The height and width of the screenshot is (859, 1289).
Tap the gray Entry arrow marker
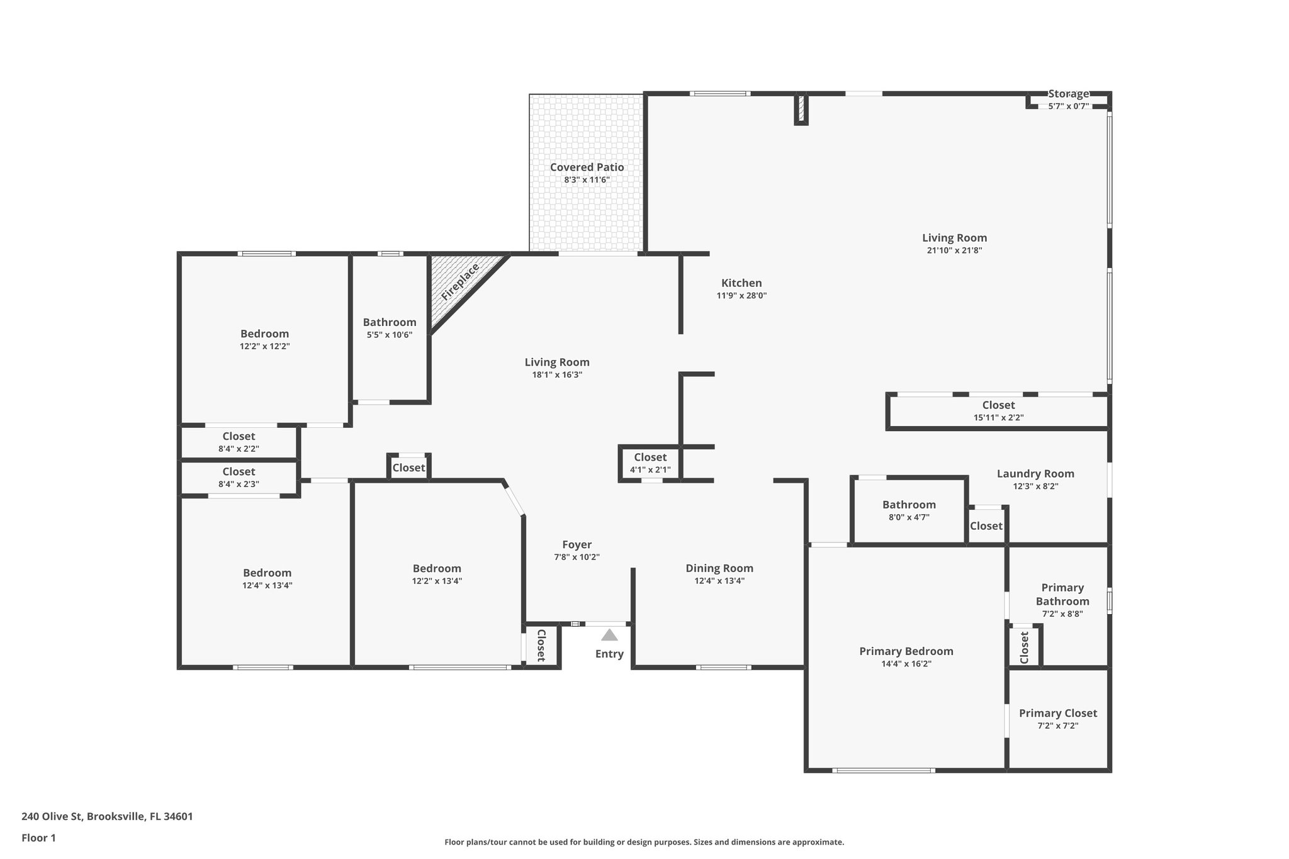[x=609, y=635]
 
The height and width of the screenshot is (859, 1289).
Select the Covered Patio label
[x=587, y=167]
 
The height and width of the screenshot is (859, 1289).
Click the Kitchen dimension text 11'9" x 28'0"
[x=741, y=296]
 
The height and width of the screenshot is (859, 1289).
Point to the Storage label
[x=1068, y=94]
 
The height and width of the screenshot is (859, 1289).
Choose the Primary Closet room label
[x=1057, y=713]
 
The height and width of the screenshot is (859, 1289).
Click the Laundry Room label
[x=1035, y=474]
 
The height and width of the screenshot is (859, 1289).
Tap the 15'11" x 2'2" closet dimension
[x=998, y=417]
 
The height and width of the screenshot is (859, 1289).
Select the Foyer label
[x=577, y=545]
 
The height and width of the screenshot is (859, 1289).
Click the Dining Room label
[x=719, y=568]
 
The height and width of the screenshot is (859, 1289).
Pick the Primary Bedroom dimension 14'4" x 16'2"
[x=906, y=664]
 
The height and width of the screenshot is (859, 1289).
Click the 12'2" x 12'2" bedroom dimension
[x=264, y=346]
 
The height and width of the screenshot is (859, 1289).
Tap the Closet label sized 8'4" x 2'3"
[x=239, y=472]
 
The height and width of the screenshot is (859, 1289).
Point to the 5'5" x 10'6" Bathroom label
[x=390, y=322]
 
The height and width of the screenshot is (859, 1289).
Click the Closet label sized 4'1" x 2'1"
[x=650, y=458]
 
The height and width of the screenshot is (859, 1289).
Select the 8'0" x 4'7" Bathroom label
[x=909, y=505]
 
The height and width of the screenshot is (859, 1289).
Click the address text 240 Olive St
[x=107, y=817]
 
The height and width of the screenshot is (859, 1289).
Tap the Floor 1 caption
[x=39, y=838]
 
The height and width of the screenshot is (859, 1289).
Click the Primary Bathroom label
[x=1062, y=594]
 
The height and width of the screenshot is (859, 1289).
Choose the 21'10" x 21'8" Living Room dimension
[x=954, y=250]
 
